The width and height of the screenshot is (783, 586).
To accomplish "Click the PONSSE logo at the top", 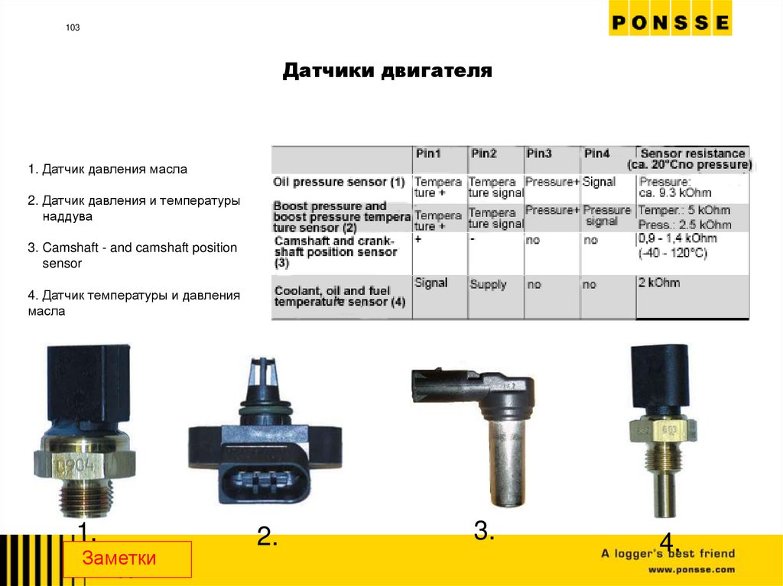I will (670, 23).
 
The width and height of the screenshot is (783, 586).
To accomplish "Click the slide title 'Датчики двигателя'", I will (387, 72).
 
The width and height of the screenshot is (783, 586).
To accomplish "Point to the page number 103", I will (73, 28).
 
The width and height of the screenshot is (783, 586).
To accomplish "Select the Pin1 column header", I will (428, 154).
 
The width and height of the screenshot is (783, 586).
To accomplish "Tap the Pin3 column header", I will (538, 154).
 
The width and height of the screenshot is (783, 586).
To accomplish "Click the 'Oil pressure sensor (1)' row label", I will (339, 183).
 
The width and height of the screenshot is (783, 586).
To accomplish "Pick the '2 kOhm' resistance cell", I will (658, 283).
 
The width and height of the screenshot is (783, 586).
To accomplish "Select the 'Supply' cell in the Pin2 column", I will (488, 284).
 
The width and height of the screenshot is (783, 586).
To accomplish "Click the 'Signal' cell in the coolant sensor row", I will (430, 283).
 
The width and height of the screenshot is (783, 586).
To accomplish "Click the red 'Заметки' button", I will (127, 558).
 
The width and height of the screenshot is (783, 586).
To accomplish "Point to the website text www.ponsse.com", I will (691, 570).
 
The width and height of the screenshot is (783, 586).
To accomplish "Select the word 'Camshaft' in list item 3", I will (68, 248).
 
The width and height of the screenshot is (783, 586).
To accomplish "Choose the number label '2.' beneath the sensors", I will (266, 537).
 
